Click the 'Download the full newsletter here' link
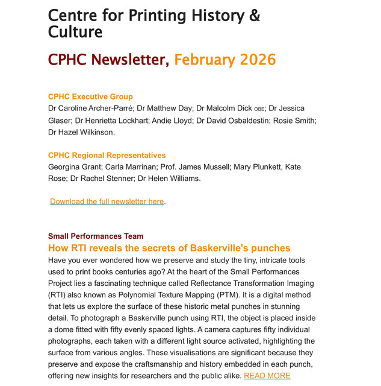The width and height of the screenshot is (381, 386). point(107,201)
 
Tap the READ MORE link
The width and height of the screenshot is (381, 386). point(267,376)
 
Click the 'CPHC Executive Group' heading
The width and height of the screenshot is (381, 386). point(90,96)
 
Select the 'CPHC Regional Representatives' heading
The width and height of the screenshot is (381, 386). point(107,155)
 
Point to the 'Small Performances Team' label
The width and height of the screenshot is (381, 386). point(96,236)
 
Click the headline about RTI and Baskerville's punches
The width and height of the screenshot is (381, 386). point(169,248)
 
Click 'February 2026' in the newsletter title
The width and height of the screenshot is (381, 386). point(225,60)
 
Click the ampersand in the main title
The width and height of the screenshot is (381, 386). point(254,15)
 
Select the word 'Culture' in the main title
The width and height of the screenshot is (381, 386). point(75,31)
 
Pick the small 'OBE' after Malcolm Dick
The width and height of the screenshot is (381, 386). point(259,110)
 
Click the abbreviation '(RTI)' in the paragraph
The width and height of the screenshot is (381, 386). point(58,295)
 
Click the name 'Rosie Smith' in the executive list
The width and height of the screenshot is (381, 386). point(296,121)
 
